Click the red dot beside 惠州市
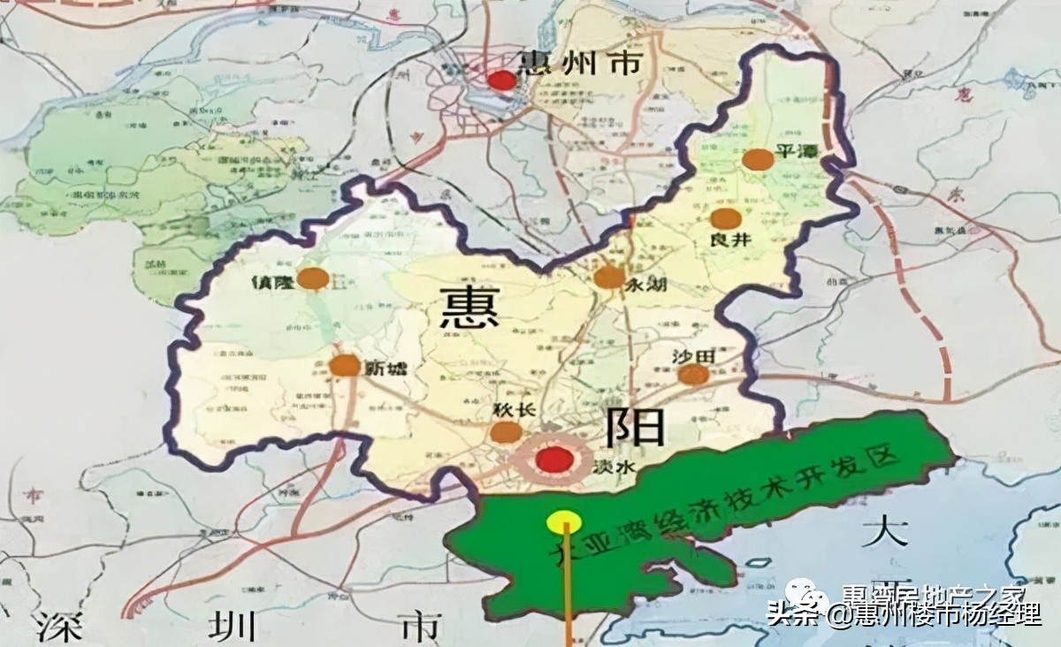coord(502,80)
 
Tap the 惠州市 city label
coord(579,65)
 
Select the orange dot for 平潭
coord(758,159)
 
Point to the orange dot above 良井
coord(725,219)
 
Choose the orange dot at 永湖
coord(609,278)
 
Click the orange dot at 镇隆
coord(313,278)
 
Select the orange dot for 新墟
coord(344,365)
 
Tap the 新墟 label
coord(386,368)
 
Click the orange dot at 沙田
coord(693,375)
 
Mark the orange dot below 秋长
coord(506,432)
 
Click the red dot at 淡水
coord(555,460)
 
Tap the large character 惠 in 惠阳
coord(469,309)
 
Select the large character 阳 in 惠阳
coord(634,428)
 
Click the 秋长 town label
coord(508,410)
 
